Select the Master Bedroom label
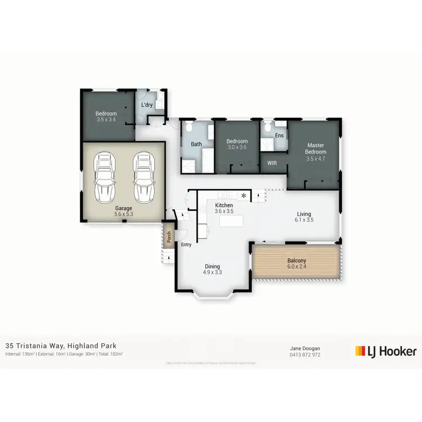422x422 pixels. click(x=315, y=149)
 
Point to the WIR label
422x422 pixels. click(x=272, y=163)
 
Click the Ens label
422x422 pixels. click(x=279, y=136)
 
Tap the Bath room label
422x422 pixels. click(x=196, y=144)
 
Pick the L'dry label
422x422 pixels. click(x=146, y=105)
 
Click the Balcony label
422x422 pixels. click(x=297, y=261)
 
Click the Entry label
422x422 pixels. click(x=186, y=245)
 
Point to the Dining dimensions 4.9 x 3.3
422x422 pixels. click(x=212, y=273)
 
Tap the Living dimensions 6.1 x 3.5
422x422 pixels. click(x=304, y=220)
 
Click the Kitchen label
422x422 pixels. click(x=224, y=205)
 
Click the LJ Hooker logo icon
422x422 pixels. click(x=361, y=351)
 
